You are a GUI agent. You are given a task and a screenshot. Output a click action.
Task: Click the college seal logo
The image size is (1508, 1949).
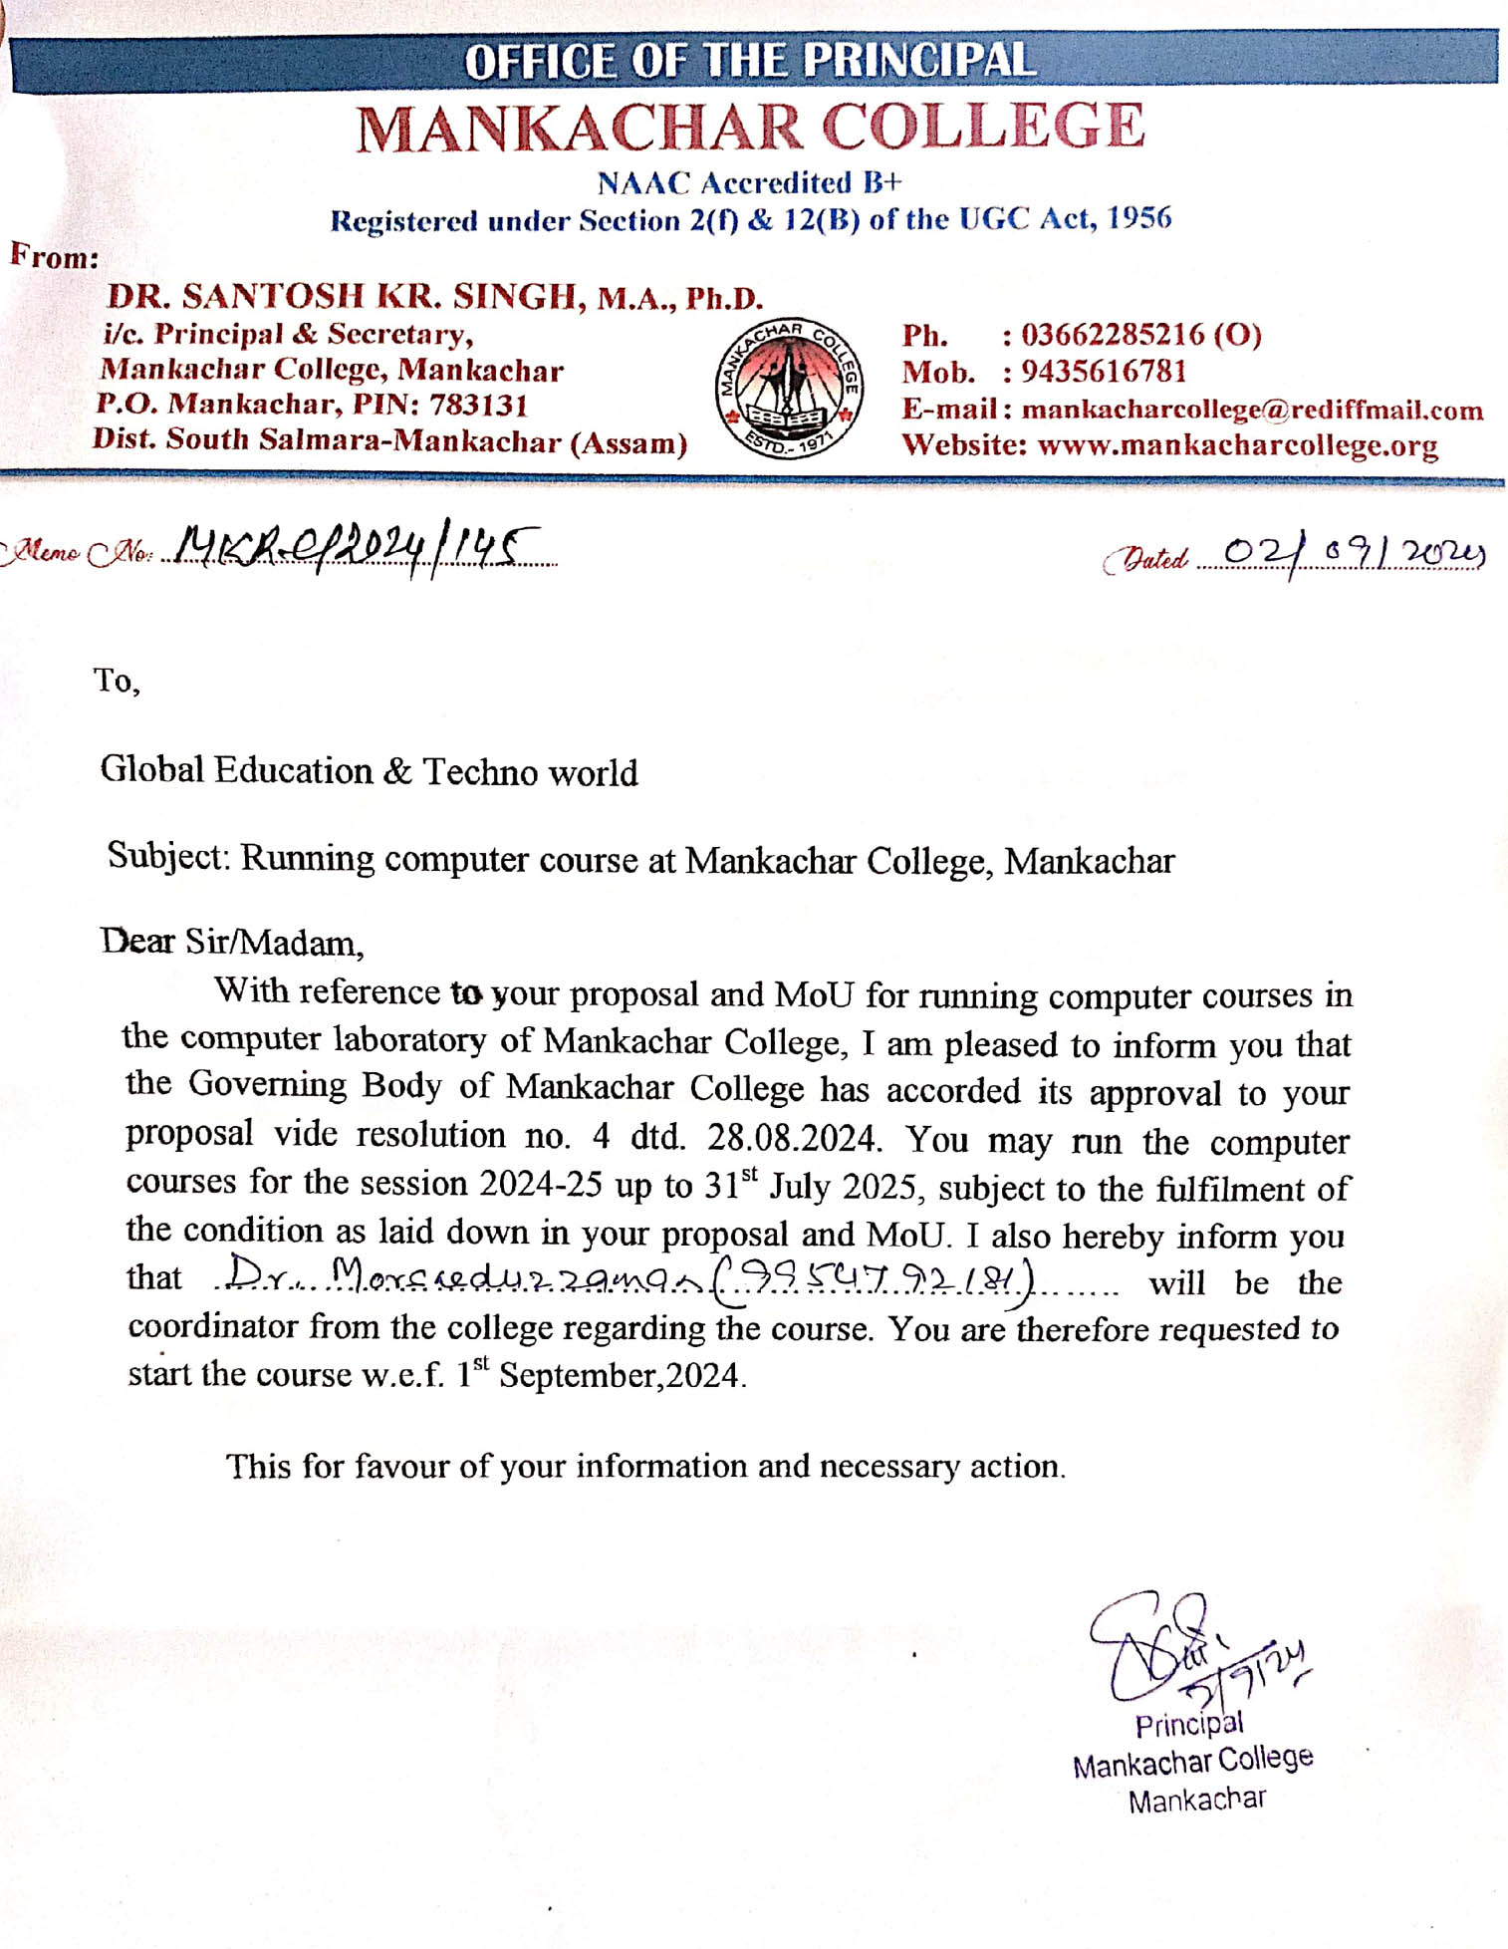tap(789, 389)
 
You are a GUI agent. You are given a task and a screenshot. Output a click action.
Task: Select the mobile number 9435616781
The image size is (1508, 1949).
tap(1104, 372)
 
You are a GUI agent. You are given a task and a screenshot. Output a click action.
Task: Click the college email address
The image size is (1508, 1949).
tap(1252, 410)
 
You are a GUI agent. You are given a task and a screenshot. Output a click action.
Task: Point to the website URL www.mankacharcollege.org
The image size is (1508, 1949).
tap(1237, 445)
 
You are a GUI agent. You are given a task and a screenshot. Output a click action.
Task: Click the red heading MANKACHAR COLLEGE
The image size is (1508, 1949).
tap(751, 129)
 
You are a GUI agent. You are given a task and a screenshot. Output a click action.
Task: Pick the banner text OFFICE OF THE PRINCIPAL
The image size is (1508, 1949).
tap(751, 61)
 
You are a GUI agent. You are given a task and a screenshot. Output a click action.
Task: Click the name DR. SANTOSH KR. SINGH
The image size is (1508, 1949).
tap(342, 296)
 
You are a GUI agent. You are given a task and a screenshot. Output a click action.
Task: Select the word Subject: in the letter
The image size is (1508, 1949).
tap(170, 856)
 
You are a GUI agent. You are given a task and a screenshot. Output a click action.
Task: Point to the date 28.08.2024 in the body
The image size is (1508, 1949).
tap(793, 1137)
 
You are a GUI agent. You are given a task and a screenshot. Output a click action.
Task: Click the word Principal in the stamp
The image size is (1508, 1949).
tap(1188, 1724)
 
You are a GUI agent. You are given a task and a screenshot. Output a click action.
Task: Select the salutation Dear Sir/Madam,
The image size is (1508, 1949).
tap(232, 942)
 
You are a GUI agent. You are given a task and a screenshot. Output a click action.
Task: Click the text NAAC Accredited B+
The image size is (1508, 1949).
tap(749, 183)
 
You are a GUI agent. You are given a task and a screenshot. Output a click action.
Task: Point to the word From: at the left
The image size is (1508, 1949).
tap(55, 257)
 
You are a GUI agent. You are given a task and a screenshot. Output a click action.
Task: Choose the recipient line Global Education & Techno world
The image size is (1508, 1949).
tap(369, 771)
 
